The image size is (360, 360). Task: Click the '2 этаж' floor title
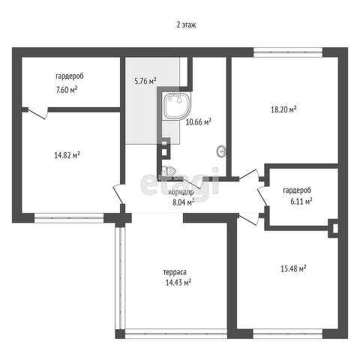point(186,25)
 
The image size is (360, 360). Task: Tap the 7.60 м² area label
point(67,89)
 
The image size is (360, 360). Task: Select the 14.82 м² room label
point(67,155)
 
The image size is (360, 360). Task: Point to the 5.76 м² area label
point(145,81)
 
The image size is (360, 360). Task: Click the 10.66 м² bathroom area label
point(199,122)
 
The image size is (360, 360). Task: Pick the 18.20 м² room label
point(283,109)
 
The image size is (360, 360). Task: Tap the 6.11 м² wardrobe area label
point(301,201)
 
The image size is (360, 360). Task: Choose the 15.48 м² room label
point(294,268)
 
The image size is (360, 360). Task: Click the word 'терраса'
point(175,272)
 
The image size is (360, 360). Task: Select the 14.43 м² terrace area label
point(178,283)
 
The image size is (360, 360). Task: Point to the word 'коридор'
point(181,192)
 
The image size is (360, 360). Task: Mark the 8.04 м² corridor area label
point(183,202)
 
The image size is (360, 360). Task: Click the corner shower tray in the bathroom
point(177,105)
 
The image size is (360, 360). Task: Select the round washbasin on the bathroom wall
point(222,151)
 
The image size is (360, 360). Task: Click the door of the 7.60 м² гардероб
point(37,112)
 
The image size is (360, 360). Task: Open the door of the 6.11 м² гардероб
point(263,197)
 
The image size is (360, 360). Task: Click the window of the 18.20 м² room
point(288,52)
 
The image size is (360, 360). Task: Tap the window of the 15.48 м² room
point(288,334)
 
